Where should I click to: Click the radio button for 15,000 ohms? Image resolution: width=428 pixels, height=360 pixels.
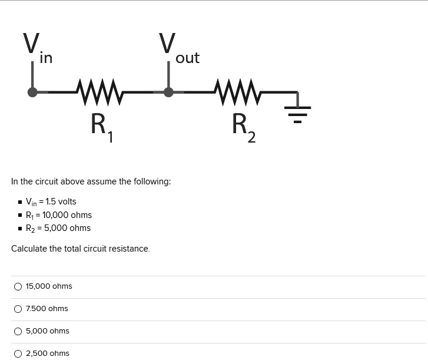[18, 286]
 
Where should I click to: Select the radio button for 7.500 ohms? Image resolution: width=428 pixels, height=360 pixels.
[18, 309]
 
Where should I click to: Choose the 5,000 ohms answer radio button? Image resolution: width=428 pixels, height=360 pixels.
[18, 331]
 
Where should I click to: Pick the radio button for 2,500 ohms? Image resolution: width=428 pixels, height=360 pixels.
[18, 354]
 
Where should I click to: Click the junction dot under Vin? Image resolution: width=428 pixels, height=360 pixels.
[33, 92]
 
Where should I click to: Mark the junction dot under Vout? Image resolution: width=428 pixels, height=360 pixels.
[168, 92]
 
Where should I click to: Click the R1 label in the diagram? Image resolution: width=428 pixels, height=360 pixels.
[102, 127]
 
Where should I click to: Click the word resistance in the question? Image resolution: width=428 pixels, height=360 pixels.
[130, 249]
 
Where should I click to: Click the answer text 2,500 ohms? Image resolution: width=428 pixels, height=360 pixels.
[47, 354]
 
